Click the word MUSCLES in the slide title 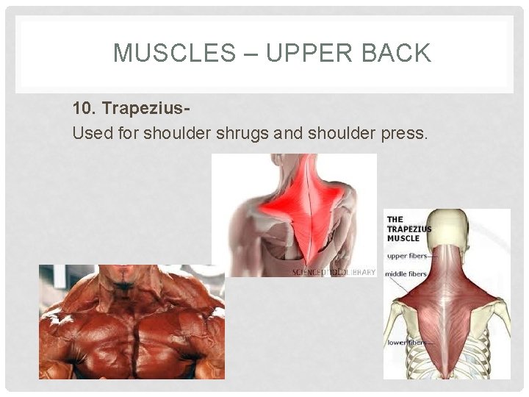coord(172,53)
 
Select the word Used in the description coord(89,134)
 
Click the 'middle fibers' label coord(406,274)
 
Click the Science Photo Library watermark coord(334,272)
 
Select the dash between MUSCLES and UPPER coord(249,53)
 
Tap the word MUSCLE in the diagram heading coord(403,238)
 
